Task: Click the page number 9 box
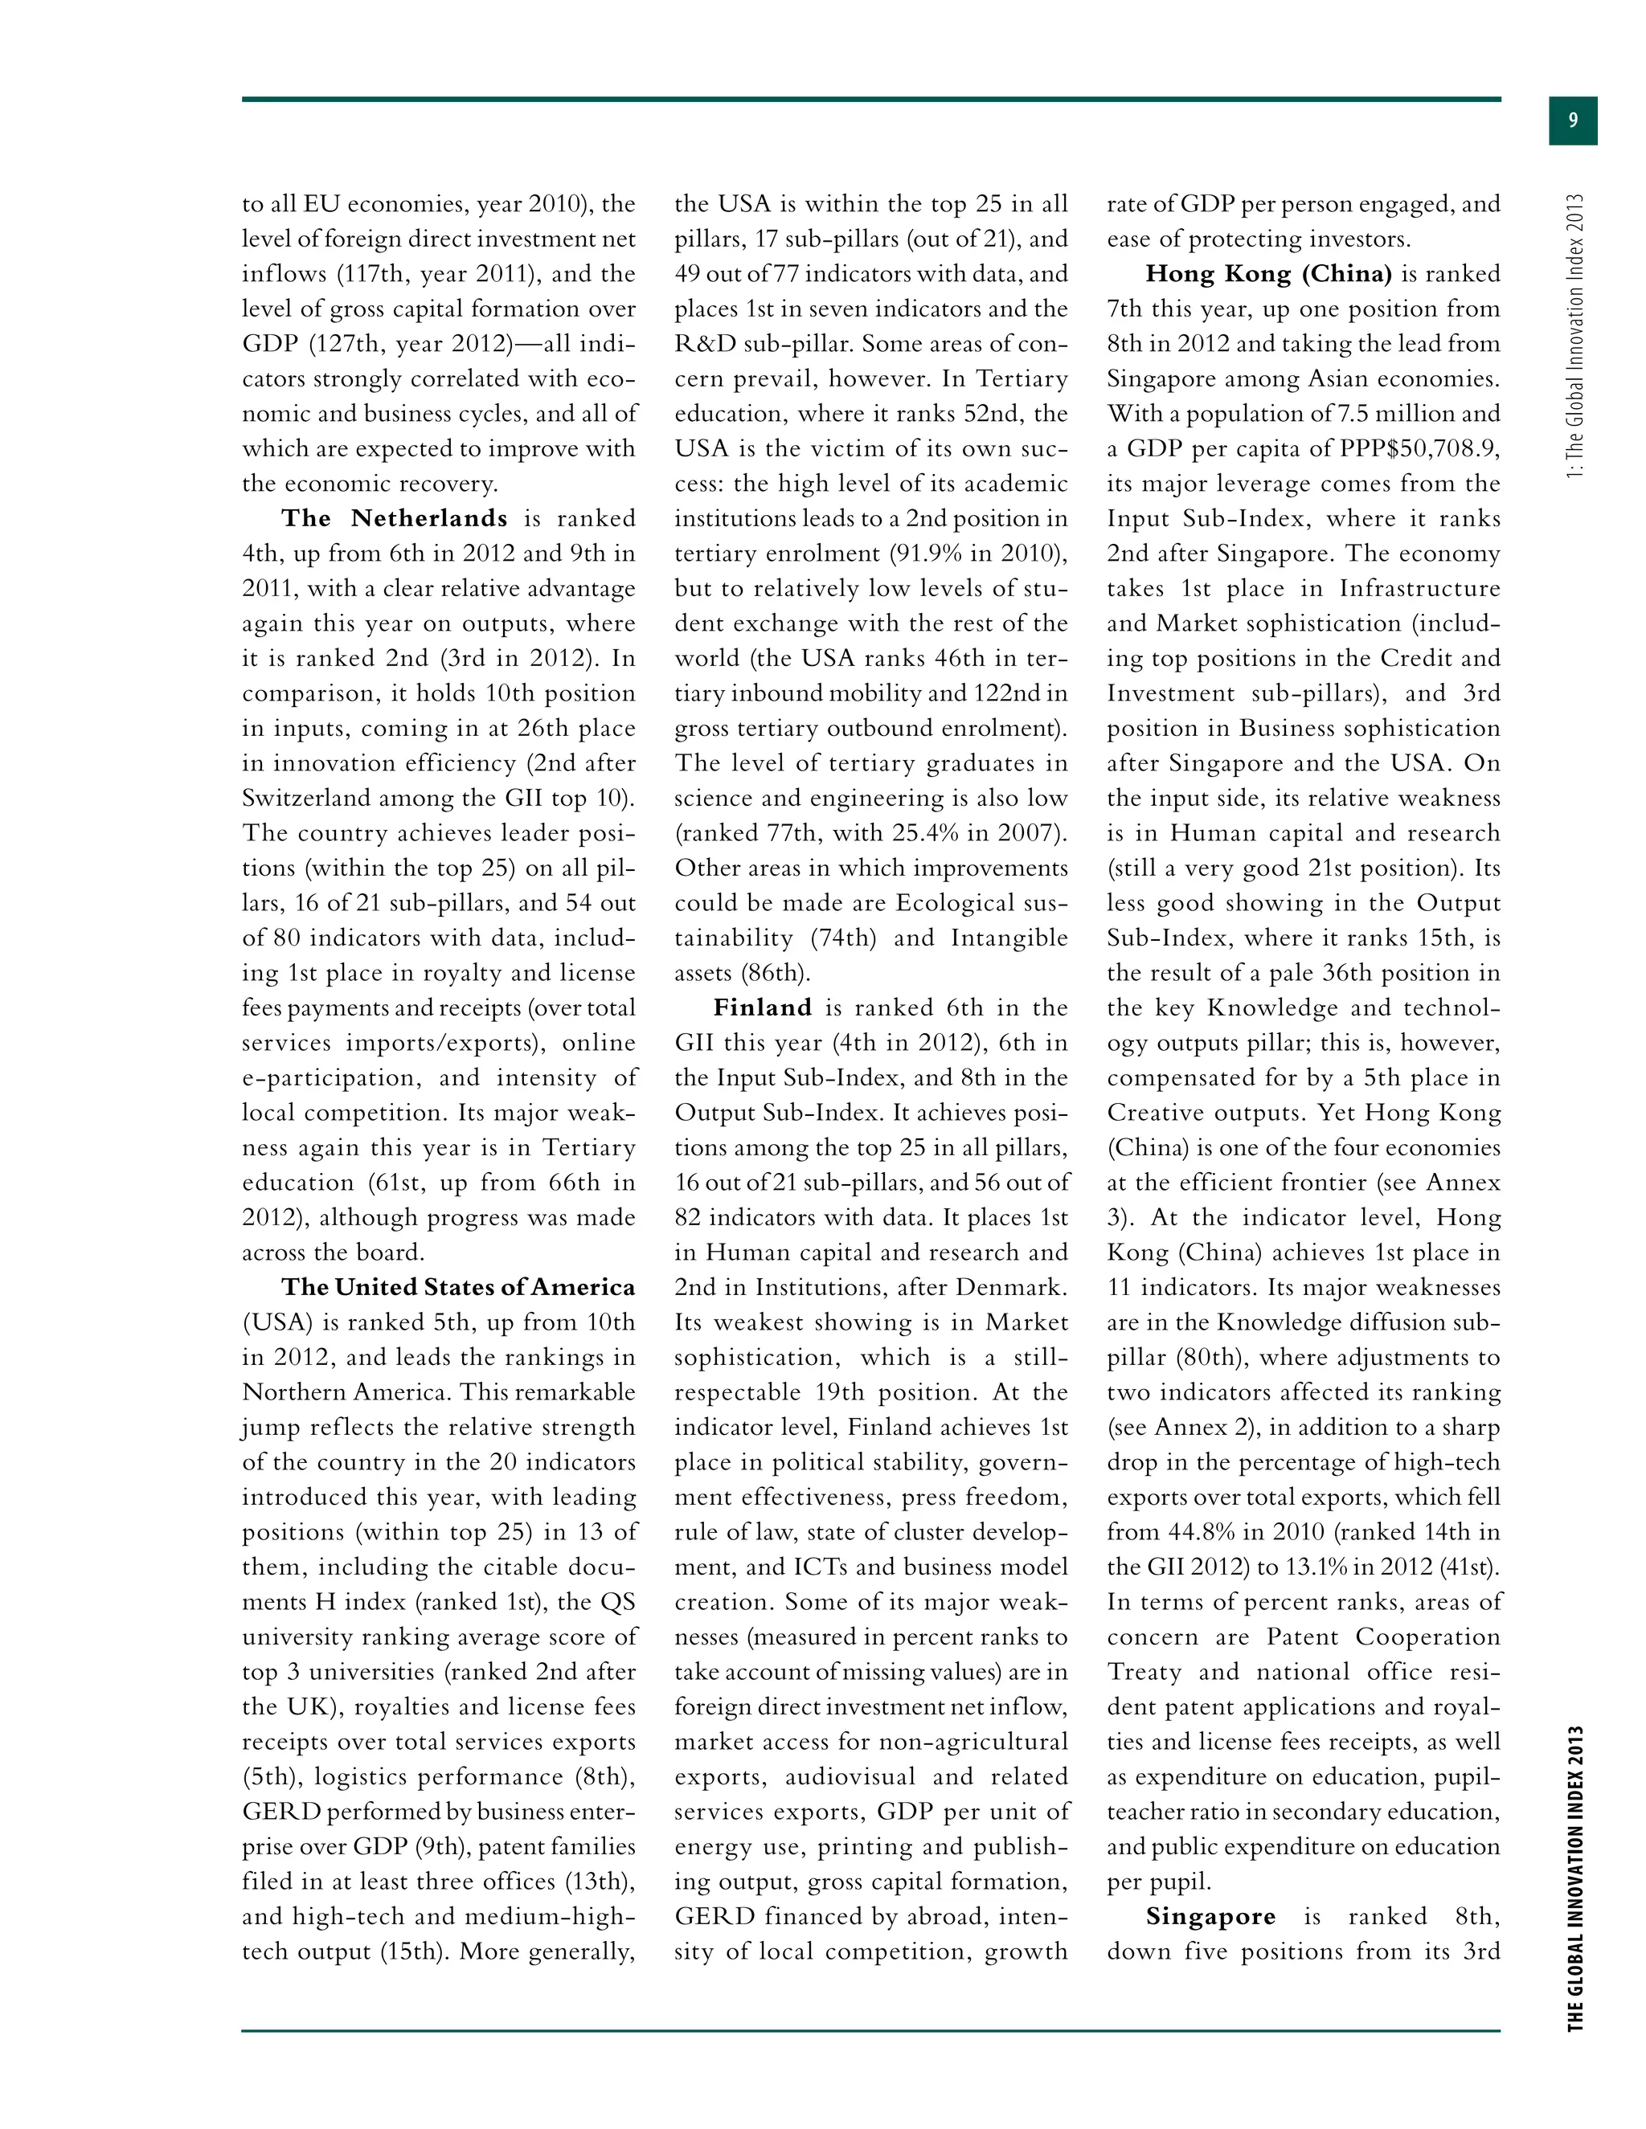[x=1572, y=121]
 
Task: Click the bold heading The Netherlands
[x=394, y=519]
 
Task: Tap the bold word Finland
[x=763, y=1008]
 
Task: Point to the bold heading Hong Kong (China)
[x=1268, y=274]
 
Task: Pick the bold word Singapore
[x=1210, y=1916]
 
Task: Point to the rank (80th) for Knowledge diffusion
[x=1207, y=1358]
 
